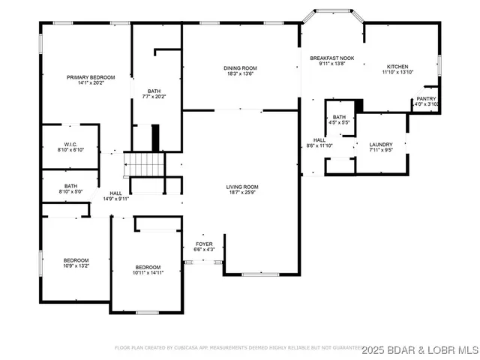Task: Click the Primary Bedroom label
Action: coord(91,77)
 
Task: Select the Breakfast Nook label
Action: coord(332,58)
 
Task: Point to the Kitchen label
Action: coord(397,66)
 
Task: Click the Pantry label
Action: coord(426,97)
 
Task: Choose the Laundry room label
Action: coord(381,144)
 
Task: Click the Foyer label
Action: coord(204,244)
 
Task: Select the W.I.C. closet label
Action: coord(71,144)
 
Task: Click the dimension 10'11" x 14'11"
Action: coord(148,273)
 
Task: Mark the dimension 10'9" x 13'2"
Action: coord(76,265)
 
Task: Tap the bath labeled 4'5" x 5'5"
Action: coord(340,120)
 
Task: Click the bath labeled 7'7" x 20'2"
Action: coord(154,93)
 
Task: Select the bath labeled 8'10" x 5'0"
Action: coord(70,189)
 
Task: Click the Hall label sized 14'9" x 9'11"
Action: coord(115,196)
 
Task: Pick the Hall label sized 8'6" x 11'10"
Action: coord(319,142)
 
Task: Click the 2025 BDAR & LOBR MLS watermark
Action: coord(420,349)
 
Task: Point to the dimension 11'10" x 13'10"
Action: coord(397,72)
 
